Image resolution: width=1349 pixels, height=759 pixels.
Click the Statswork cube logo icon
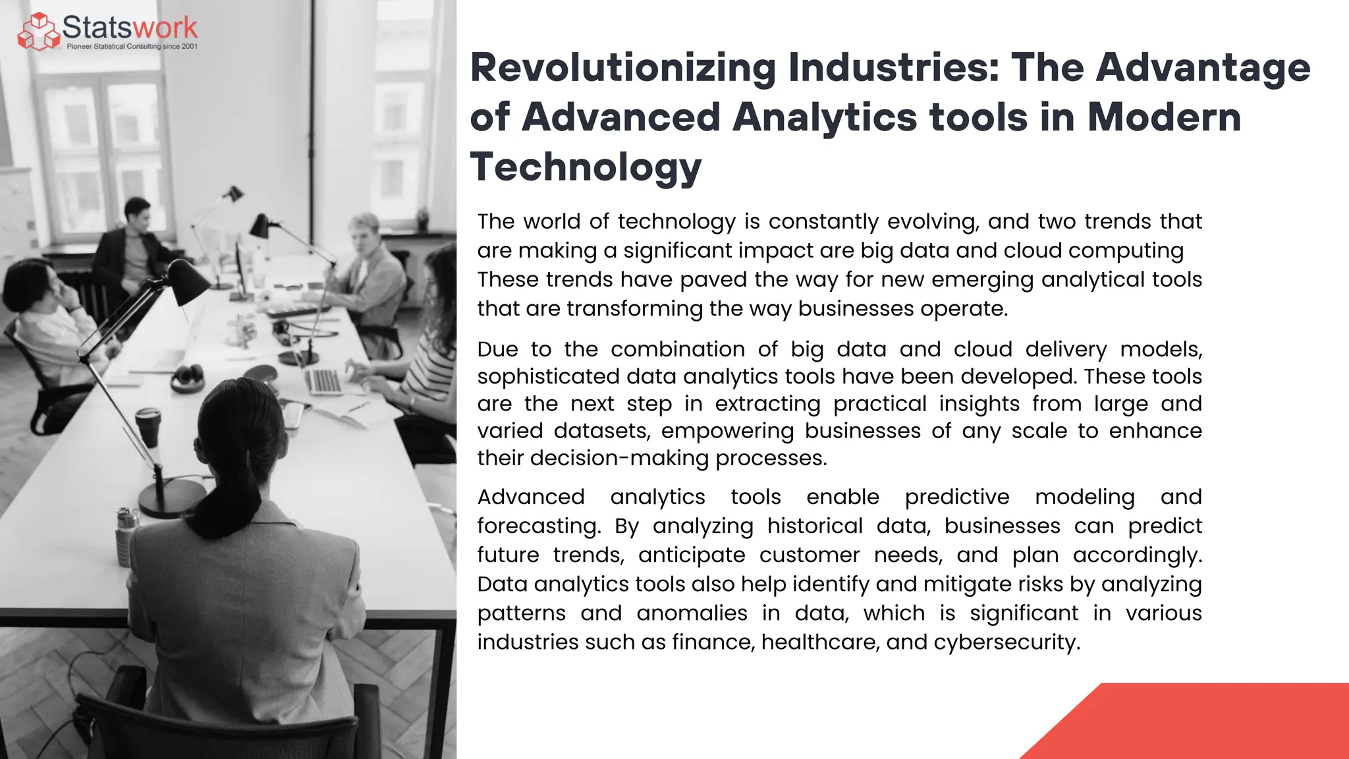[x=38, y=32]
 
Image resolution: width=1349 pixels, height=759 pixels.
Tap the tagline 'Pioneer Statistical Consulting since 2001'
[x=132, y=47]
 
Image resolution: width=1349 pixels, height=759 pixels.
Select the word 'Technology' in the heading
[x=586, y=167]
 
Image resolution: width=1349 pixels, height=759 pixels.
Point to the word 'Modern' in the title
[x=1164, y=117]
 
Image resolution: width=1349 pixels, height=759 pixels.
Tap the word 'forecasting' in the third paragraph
[x=538, y=526]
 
